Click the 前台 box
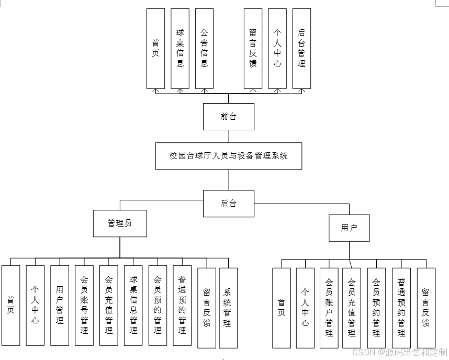coord(229,116)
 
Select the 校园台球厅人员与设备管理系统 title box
coord(229,155)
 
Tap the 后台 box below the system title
coord(229,203)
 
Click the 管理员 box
coord(120,223)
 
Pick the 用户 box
coord(349,228)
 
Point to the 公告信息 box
coord(204,48)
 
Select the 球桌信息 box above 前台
coord(180,48)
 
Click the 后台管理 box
coord(301,48)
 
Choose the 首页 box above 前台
coord(155,48)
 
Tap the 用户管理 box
coord(60,305)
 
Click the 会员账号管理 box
coord(84,305)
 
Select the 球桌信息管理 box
coord(133,305)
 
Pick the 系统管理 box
coord(228,308)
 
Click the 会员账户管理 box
coord(329,308)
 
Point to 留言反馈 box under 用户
coord(426,308)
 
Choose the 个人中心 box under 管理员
coord(35,305)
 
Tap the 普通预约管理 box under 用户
coord(401,308)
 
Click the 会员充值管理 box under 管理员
coord(109,305)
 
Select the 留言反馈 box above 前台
coord(253,48)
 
